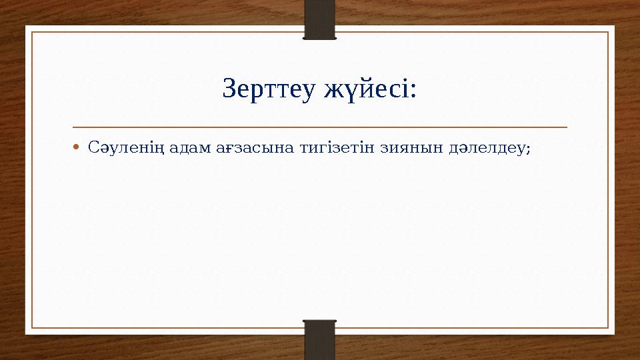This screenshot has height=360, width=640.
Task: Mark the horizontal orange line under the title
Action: coord(320,126)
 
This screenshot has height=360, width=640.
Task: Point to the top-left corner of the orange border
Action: coord(33,32)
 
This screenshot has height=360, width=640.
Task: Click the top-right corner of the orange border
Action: coord(608,32)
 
